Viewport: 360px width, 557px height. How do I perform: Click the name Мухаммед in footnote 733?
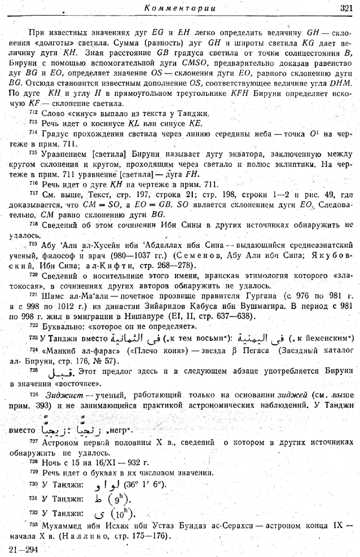(60, 525)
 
